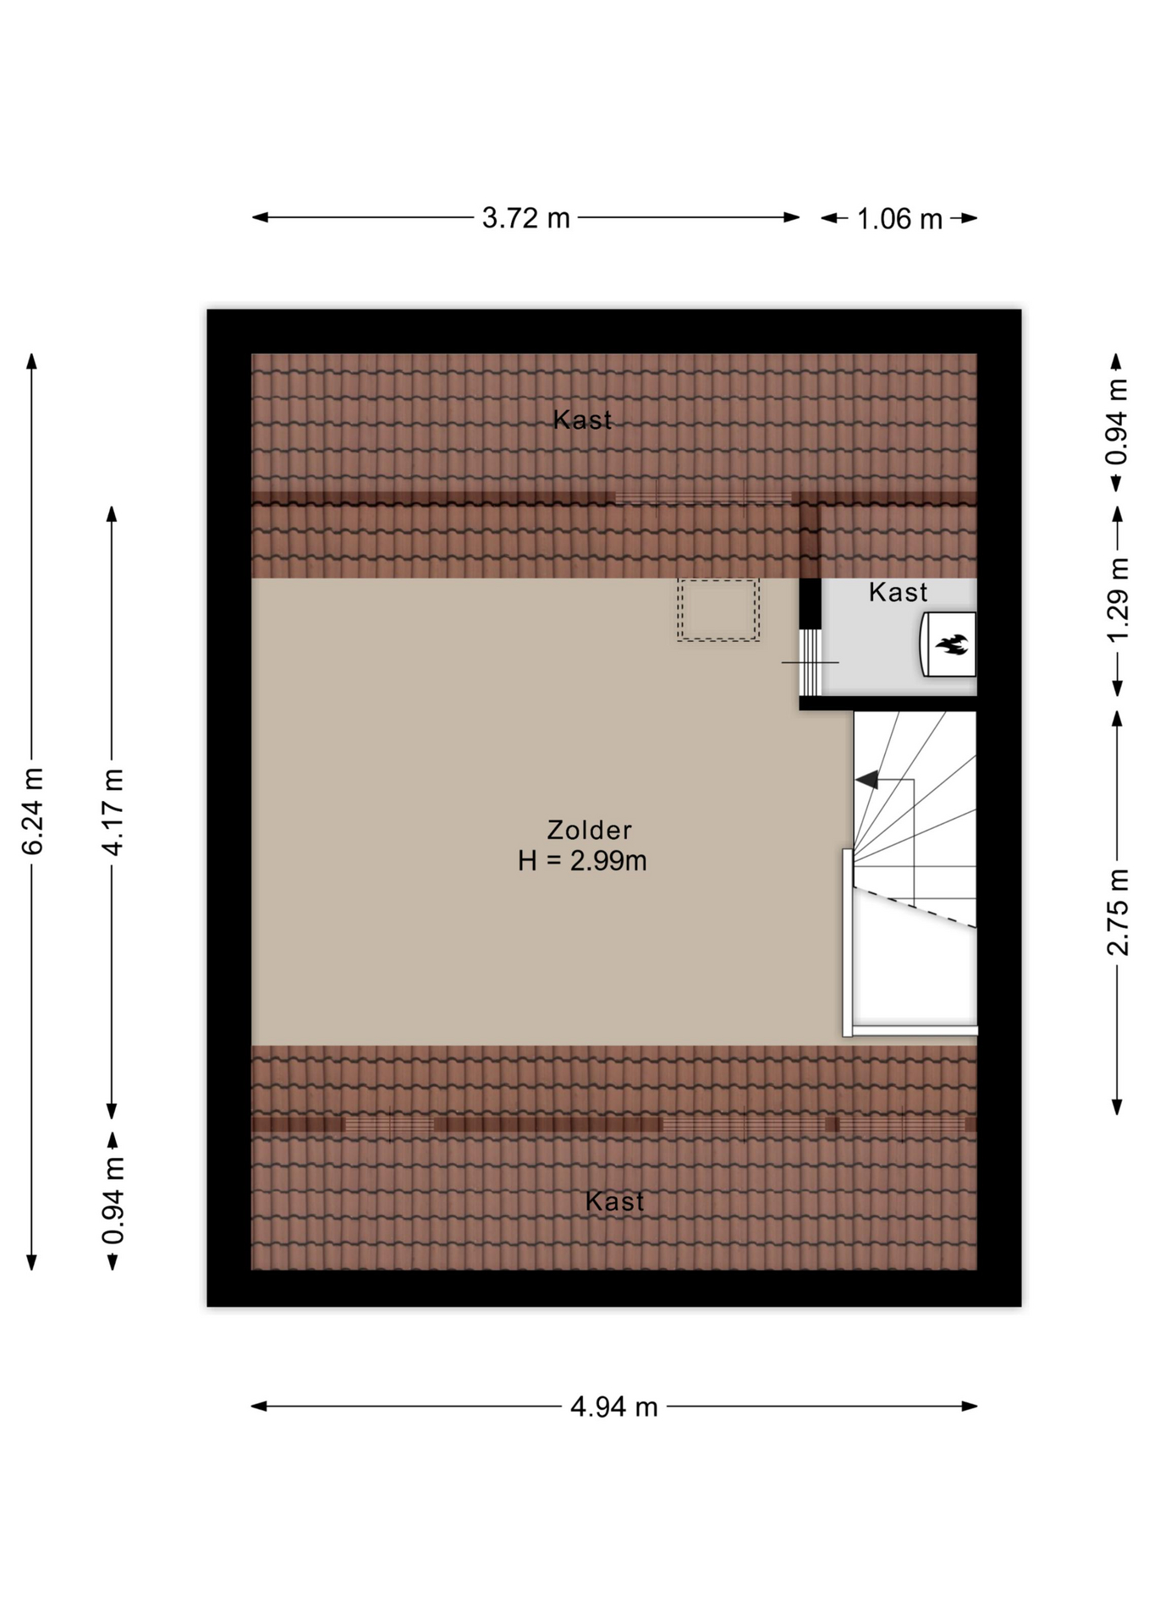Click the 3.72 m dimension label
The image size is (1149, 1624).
pyautogui.click(x=525, y=218)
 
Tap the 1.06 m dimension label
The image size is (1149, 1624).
pyautogui.click(x=899, y=219)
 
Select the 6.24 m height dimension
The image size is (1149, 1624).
pyautogui.click(x=32, y=811)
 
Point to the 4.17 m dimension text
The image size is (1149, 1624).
pyautogui.click(x=113, y=811)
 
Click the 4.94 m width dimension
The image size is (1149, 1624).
pyautogui.click(x=613, y=1406)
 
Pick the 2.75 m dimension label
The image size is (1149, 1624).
pyautogui.click(x=1118, y=912)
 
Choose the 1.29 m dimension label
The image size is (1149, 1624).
pyautogui.click(x=1118, y=600)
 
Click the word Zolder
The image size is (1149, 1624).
pyautogui.click(x=589, y=830)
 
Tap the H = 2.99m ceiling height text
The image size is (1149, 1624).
pyautogui.click(x=582, y=861)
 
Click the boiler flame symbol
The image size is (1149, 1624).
pyautogui.click(x=952, y=645)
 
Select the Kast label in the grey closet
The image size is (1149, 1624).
pyautogui.click(x=898, y=592)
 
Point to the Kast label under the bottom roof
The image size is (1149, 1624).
pyautogui.click(x=614, y=1201)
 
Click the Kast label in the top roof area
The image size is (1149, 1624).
pyautogui.click(x=582, y=420)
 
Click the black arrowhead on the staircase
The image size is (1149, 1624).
pyautogui.click(x=867, y=780)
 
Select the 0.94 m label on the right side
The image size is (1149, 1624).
pyautogui.click(x=1118, y=421)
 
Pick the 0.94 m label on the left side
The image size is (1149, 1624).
pyautogui.click(x=113, y=1201)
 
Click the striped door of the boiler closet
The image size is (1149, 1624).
pyautogui.click(x=811, y=662)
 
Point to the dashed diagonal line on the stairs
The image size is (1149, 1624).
pyautogui.click(x=915, y=907)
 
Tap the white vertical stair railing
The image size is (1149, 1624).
pyautogui.click(x=847, y=942)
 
